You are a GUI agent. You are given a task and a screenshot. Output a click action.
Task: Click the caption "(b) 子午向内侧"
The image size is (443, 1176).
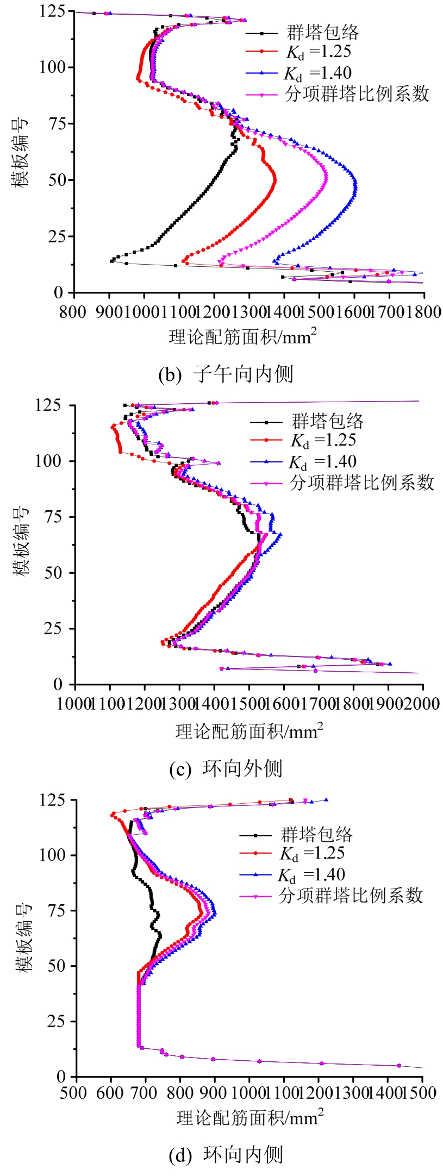point(226,374)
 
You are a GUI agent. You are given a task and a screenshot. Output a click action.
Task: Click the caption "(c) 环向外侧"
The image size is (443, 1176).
point(226,768)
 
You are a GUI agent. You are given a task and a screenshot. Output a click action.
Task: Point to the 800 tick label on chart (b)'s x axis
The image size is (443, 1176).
point(73,312)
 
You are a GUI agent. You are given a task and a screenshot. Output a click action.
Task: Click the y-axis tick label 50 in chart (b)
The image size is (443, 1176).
point(57,180)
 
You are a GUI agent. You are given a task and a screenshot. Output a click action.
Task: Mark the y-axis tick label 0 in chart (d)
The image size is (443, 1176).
point(61,1077)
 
